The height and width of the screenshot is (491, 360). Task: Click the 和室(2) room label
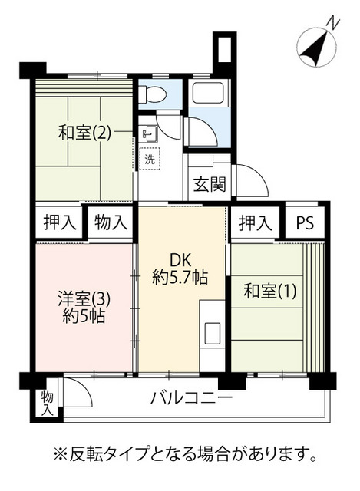pyautogui.click(x=84, y=133)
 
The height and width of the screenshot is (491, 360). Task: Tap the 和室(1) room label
pyautogui.click(x=269, y=292)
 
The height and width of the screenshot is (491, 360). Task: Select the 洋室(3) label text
pyautogui.click(x=84, y=300)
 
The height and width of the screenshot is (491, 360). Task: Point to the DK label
pyautogui.click(x=180, y=260)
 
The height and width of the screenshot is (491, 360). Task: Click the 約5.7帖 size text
pyautogui.click(x=180, y=277)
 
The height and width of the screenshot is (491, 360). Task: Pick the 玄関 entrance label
pyautogui.click(x=210, y=184)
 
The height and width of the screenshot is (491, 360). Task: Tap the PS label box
pyautogui.click(x=305, y=223)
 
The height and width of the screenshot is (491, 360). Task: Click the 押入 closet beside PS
pyautogui.click(x=255, y=223)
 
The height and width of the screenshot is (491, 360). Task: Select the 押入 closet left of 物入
pyautogui.click(x=60, y=222)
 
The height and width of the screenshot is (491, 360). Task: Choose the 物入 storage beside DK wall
pyautogui.click(x=111, y=222)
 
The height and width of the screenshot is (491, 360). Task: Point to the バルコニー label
pyautogui.click(x=191, y=399)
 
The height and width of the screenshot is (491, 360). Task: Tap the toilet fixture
pyautogui.click(x=152, y=94)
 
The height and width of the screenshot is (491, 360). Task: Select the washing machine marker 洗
pyautogui.click(x=150, y=160)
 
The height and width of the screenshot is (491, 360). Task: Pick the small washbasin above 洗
pyautogui.click(x=149, y=134)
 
